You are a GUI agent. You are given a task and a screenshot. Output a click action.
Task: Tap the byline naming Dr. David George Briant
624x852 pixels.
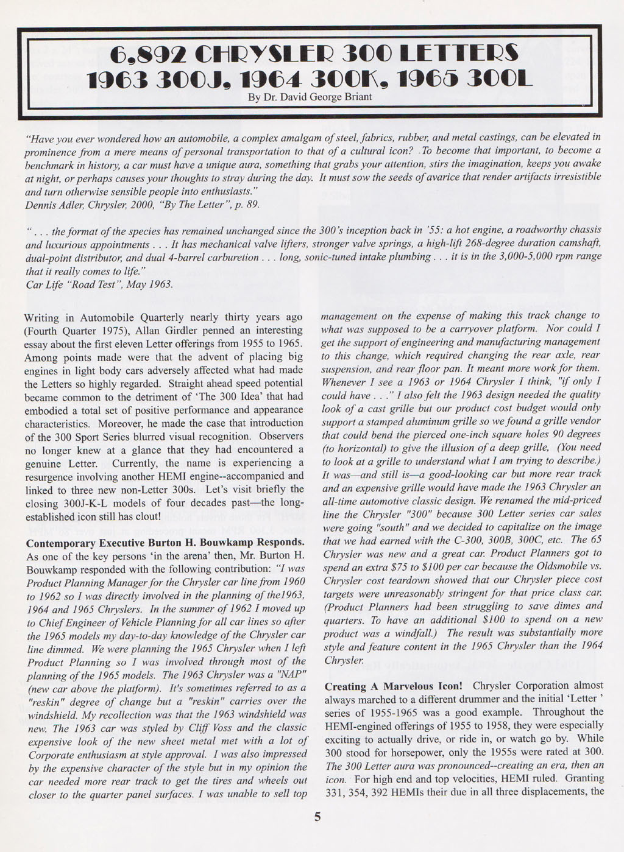click(x=310, y=96)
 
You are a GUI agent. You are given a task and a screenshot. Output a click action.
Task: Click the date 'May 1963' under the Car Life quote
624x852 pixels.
click(x=147, y=284)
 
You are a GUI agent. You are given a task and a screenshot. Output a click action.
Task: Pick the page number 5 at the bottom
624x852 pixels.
click(x=317, y=818)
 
